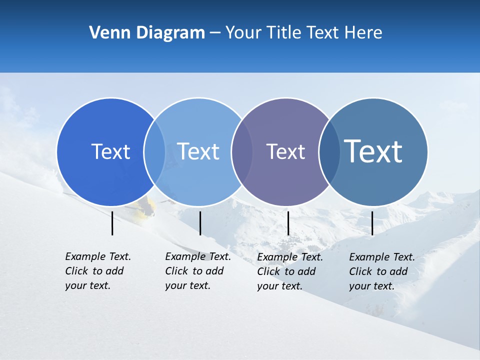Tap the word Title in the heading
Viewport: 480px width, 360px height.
coord(283,33)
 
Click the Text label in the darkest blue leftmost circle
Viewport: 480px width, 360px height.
coord(110,151)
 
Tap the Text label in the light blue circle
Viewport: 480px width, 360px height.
coord(198,151)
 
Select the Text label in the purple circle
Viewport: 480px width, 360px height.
coord(285,151)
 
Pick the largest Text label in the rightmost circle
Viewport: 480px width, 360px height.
coord(373,151)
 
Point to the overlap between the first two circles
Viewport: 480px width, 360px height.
coord(154,152)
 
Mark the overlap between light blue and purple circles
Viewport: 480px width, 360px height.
coord(241,152)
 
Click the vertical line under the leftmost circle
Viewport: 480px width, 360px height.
coord(112,223)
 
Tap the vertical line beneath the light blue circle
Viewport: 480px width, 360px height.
coord(200,223)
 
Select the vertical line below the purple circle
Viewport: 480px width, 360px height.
coord(288,223)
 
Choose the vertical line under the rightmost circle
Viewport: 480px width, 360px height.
coord(372,223)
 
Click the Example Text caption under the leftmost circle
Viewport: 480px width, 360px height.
coord(98,271)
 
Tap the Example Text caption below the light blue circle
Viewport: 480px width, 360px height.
coord(198,271)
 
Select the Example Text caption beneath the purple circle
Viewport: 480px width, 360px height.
coord(290,271)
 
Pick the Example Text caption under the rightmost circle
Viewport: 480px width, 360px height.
coord(382,271)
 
